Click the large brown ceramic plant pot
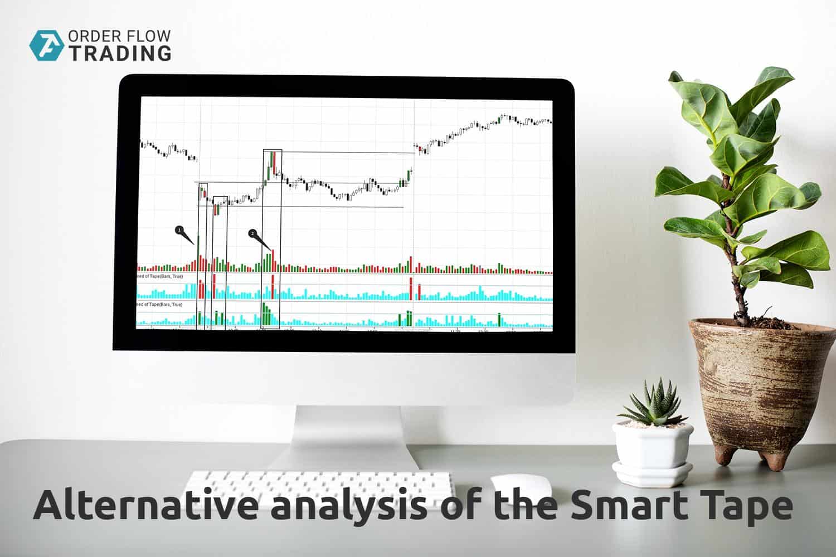(760, 384)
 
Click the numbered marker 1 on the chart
(179, 229)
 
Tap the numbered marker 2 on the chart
(252, 233)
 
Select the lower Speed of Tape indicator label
(160, 305)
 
